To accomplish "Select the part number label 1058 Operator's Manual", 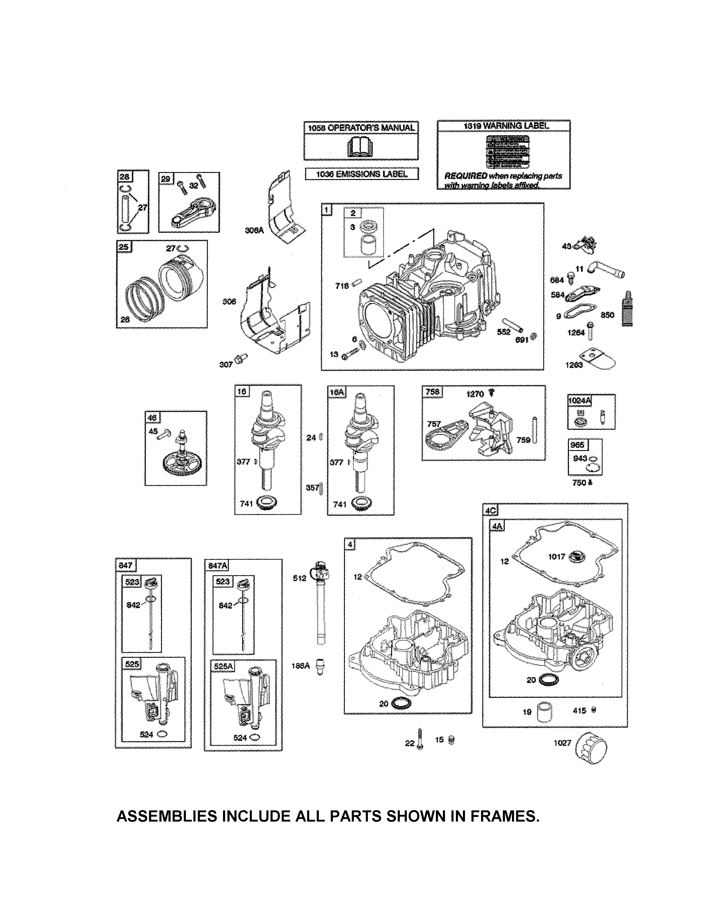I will point(361,128).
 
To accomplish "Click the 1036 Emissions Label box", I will point(362,174).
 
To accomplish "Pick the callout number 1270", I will point(475,394).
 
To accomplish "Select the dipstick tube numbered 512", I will point(320,602).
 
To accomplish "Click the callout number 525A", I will point(223,666).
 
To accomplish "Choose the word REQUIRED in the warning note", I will point(465,176).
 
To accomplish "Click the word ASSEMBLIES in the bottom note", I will point(167,816).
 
